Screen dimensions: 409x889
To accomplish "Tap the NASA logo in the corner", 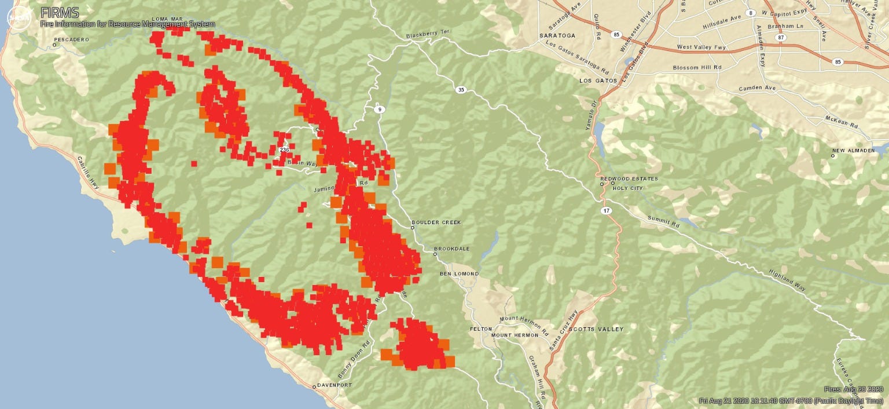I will point(19,18).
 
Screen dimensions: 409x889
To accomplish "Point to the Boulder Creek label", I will point(433,222).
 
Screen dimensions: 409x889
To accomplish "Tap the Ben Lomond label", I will point(459,273).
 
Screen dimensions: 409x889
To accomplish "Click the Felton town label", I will point(481,329).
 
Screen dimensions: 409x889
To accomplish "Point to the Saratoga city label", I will point(557,35).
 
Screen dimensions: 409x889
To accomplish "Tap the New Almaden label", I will point(854,151).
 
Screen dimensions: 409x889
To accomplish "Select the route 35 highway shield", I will point(461,90).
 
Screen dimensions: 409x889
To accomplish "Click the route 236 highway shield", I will point(284,150).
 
